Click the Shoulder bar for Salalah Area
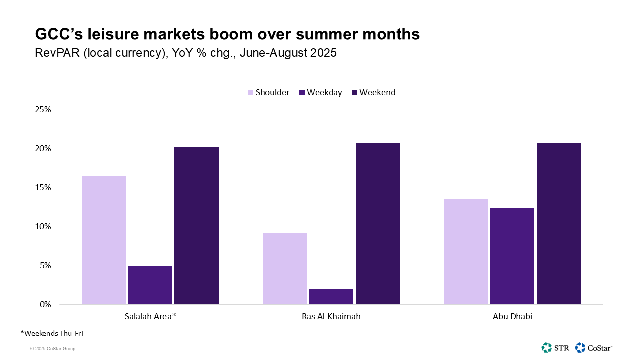(104, 240)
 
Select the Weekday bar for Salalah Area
(150, 285)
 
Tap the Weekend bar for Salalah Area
(197, 226)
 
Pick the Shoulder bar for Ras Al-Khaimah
(285, 268)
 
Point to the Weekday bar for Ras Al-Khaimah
(331, 296)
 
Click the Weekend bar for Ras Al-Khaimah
(378, 224)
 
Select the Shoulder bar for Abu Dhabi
(466, 251)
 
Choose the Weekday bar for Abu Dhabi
(512, 256)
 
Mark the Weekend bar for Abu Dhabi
(559, 224)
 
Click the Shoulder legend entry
(269, 92)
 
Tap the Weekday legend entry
(321, 92)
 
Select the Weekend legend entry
(374, 92)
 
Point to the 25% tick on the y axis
(42, 109)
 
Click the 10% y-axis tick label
(42, 226)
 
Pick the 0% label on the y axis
(45, 304)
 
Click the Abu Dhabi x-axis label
(512, 316)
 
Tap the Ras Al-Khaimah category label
(331, 316)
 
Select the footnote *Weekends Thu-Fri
(48, 333)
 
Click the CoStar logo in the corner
(593, 347)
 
